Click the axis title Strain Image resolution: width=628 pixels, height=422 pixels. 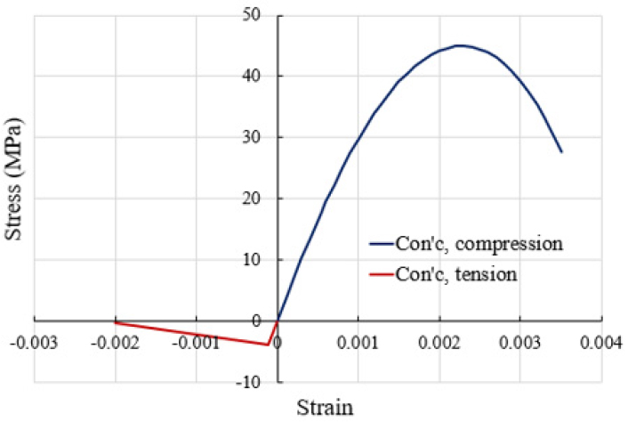click(x=325, y=408)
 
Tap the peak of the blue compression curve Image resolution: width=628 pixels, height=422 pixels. click(x=459, y=45)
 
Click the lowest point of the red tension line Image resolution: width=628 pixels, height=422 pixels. click(x=269, y=345)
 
